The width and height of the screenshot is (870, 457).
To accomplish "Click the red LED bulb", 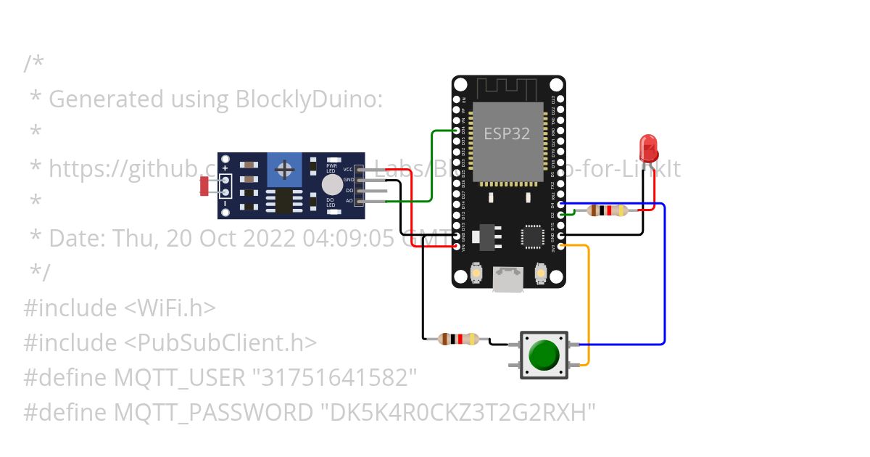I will [648, 146].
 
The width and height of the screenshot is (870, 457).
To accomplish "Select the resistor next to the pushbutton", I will [459, 339].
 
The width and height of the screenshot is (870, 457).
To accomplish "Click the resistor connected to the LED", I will [607, 210].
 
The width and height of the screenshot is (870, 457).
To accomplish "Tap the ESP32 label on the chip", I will [507, 133].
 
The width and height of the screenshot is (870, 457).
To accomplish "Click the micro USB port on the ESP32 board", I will [508, 279].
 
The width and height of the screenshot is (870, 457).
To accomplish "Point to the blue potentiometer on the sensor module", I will [286, 170].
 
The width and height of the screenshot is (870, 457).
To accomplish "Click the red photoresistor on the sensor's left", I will [205, 186].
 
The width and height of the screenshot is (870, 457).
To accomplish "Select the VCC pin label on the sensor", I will [348, 169].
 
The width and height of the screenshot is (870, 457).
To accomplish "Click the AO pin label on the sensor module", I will [349, 200].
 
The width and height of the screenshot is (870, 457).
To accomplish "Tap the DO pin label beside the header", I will [349, 190].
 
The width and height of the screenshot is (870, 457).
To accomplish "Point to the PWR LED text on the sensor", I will [331, 168].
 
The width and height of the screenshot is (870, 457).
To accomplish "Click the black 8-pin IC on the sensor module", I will [283, 200].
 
